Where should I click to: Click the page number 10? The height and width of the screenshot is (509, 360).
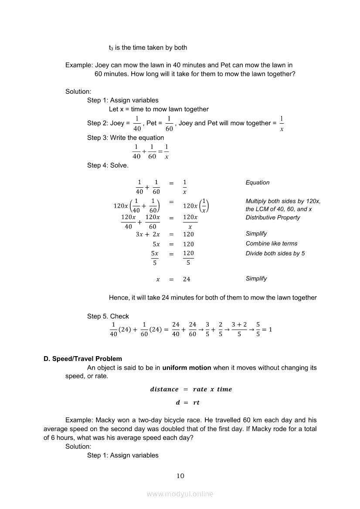pos(180,475)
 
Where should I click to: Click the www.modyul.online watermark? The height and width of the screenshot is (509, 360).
pos(180,494)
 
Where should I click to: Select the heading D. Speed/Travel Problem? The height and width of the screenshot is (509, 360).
pos(83,359)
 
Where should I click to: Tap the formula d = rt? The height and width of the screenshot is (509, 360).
pos(187,402)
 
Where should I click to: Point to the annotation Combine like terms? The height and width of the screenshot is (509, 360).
pos(272,243)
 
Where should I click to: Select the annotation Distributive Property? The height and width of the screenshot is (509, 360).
pos(273,217)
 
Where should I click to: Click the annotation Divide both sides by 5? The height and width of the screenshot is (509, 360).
pos(275,253)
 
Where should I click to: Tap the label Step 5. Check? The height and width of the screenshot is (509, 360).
pos(108,316)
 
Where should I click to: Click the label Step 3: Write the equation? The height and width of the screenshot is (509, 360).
pos(126,138)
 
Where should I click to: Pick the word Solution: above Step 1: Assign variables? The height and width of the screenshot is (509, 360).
pos(78,91)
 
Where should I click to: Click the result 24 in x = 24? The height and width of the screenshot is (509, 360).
pos(187,279)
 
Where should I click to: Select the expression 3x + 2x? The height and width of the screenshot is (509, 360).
pos(148,234)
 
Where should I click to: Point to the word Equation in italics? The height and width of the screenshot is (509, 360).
pos(258,182)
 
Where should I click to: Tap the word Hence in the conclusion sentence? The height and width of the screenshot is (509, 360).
pos(119,297)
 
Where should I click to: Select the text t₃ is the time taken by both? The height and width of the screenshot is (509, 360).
pos(148,47)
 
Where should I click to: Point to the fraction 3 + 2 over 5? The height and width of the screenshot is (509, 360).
pos(239,330)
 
